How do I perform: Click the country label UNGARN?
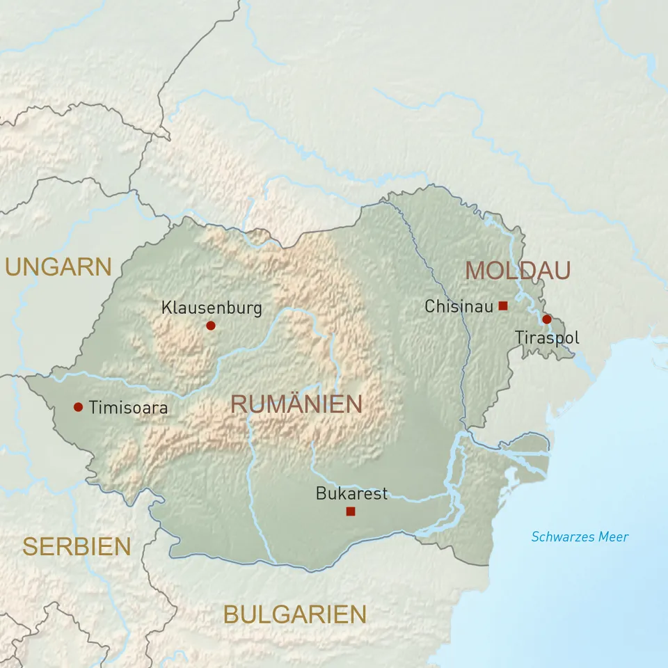(x=58, y=267)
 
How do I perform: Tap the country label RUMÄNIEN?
(x=296, y=404)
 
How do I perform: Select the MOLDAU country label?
(x=518, y=270)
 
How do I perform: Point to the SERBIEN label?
(x=77, y=547)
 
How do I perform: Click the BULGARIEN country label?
(x=294, y=614)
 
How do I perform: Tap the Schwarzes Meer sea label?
(x=580, y=536)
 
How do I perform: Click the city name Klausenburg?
(x=212, y=308)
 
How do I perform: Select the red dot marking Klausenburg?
(x=211, y=325)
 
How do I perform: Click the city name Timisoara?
(x=128, y=408)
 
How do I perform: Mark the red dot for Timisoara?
(x=78, y=407)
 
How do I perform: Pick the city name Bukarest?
(x=351, y=494)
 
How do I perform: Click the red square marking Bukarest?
(x=351, y=511)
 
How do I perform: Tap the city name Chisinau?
(x=459, y=306)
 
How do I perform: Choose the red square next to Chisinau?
(x=503, y=305)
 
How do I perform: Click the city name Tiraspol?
(x=547, y=338)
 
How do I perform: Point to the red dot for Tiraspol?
(x=547, y=319)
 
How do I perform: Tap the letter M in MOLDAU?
(x=475, y=270)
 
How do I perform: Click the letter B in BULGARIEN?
(x=232, y=614)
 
